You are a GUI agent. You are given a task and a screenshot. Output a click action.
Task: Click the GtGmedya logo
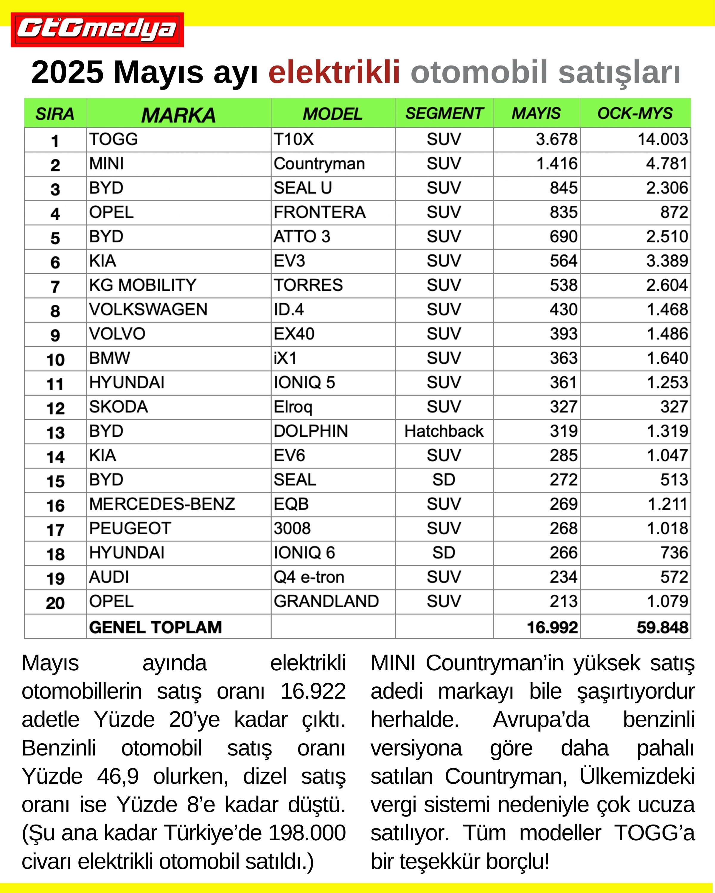[x=97, y=30]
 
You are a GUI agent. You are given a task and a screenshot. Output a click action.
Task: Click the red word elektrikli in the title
[x=334, y=72]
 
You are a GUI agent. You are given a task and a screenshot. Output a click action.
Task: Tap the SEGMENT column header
[x=444, y=113]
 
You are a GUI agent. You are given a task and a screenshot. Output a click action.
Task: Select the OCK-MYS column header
[x=635, y=113]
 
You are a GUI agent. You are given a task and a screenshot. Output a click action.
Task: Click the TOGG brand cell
[x=114, y=139]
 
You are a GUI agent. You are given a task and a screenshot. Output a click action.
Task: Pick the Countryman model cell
[x=319, y=164]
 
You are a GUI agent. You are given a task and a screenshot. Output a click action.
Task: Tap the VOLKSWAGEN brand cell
[x=148, y=309]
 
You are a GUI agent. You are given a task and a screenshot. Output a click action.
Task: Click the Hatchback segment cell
[x=444, y=431]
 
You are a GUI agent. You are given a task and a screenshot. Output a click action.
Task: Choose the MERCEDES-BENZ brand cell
[x=162, y=504]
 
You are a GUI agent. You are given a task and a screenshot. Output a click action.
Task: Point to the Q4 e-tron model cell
[x=309, y=577]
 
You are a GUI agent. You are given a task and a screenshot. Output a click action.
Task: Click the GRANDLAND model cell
[x=326, y=601]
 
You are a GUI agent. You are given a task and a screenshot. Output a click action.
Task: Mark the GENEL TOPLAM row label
[x=156, y=627]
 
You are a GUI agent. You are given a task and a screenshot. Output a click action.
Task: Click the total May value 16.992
[x=552, y=627]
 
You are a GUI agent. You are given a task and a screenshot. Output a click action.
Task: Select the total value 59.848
[x=662, y=627]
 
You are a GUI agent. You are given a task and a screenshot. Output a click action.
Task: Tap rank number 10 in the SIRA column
[x=55, y=360]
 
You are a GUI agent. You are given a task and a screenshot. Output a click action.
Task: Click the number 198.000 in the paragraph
[x=307, y=833]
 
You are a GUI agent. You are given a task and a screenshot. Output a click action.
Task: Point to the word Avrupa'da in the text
[x=541, y=719]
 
